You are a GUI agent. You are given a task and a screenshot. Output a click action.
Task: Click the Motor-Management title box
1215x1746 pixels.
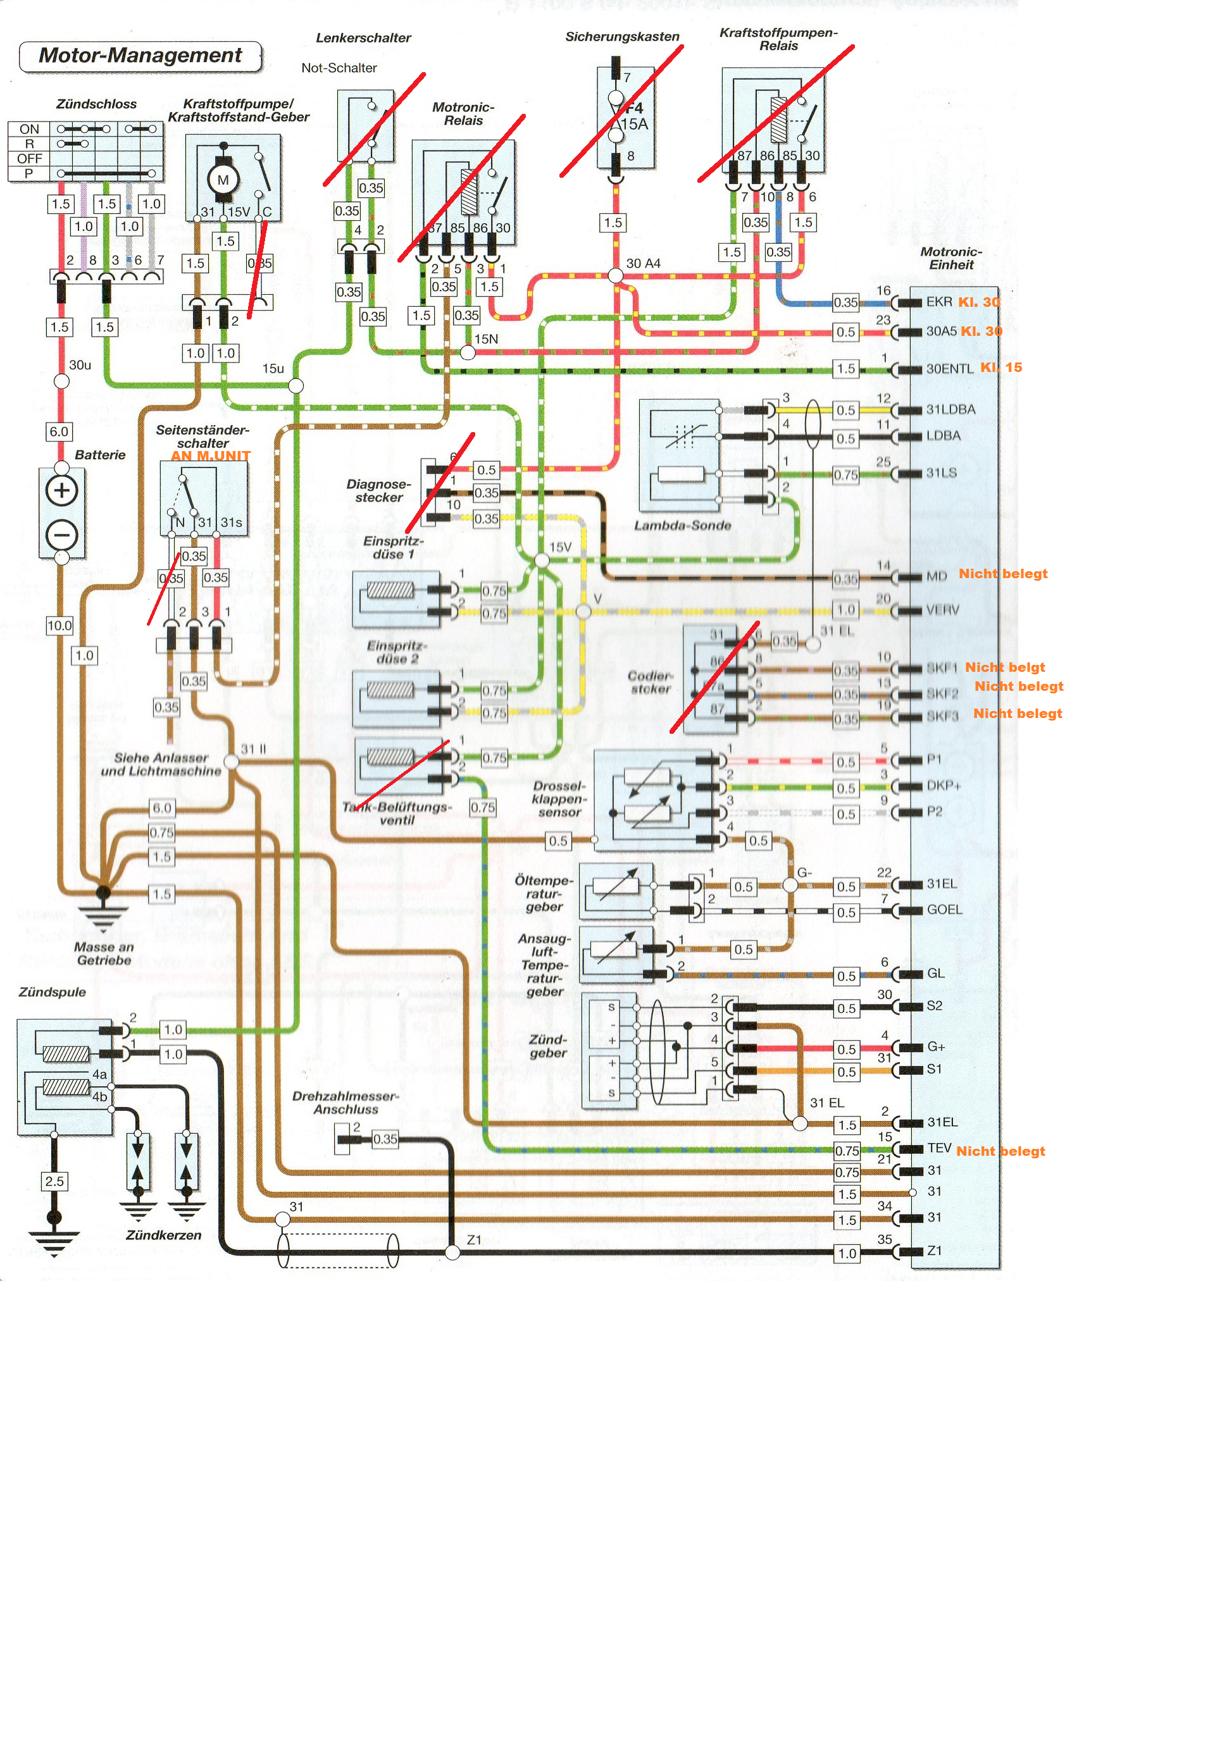140,56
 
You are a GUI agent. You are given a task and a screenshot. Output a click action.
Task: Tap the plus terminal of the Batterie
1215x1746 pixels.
61,490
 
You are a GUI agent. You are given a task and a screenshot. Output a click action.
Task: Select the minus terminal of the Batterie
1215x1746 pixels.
61,535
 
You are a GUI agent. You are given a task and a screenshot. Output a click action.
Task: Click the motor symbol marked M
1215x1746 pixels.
223,180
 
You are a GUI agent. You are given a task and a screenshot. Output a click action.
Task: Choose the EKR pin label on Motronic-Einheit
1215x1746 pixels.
939,302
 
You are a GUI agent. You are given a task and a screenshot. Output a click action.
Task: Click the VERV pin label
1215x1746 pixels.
943,610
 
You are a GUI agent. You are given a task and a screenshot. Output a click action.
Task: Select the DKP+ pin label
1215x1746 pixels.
944,786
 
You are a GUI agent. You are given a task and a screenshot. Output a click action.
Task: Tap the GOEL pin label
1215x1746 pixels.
944,910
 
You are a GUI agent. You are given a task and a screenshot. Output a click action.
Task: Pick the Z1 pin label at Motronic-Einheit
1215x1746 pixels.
934,1251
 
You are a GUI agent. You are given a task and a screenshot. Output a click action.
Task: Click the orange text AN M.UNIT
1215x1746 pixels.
210,455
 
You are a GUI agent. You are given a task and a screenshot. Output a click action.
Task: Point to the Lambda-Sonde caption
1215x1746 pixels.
682,526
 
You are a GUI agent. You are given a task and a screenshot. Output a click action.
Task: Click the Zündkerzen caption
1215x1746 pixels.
163,1235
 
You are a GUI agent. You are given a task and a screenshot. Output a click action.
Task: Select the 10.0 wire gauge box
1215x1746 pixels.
59,626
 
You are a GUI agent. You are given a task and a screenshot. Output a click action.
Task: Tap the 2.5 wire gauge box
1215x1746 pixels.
54,1181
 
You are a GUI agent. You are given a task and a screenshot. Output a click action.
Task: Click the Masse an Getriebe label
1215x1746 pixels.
104,953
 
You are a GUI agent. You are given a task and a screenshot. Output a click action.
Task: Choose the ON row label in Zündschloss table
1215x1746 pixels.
29,129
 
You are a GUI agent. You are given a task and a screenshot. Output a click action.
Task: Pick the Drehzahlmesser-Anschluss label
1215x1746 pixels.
346,1103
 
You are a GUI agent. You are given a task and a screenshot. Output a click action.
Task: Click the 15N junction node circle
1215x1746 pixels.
467,353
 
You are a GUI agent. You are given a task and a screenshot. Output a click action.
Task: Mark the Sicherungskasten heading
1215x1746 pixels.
621,37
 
